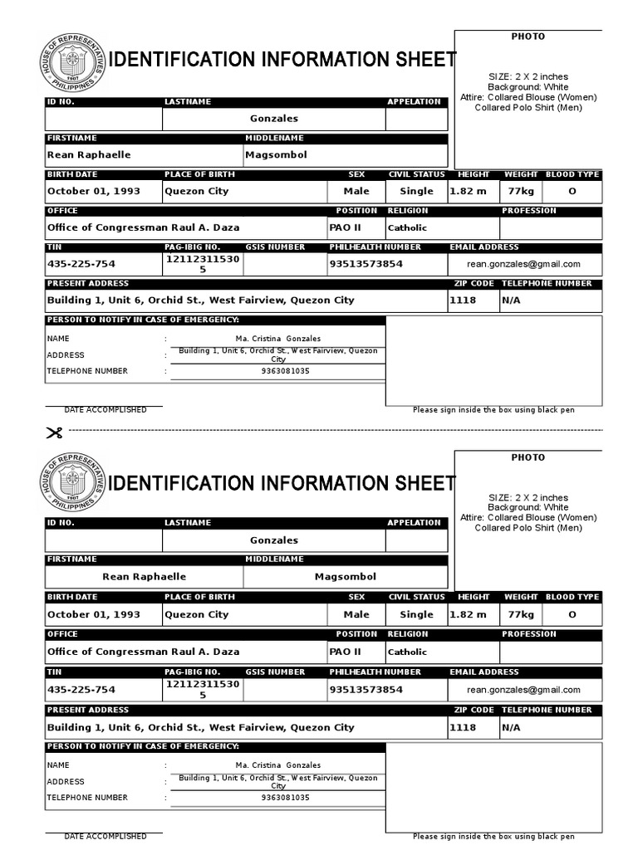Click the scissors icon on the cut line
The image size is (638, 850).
tap(54, 432)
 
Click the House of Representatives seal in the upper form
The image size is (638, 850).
tap(71, 62)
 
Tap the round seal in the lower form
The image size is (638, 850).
tap(71, 484)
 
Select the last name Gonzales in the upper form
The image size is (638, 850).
tap(274, 119)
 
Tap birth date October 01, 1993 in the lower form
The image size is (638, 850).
tap(94, 615)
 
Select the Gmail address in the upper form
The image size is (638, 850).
tap(523, 264)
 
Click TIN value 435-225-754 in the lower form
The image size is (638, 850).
tap(81, 690)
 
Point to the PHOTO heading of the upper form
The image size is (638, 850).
tap(528, 37)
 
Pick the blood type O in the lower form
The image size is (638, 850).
tap(572, 615)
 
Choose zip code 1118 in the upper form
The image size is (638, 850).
tap(463, 300)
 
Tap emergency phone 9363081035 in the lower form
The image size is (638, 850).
tap(285, 798)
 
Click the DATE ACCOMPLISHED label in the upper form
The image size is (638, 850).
tap(105, 410)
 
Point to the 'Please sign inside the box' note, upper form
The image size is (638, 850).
tap(493, 410)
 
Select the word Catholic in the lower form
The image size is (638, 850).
tap(407, 652)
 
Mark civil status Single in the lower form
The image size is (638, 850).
tap(416, 615)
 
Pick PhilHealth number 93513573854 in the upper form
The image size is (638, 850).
tap(366, 264)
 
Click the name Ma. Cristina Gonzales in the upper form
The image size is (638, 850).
tap(278, 339)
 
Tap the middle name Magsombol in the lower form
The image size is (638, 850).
tap(346, 577)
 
